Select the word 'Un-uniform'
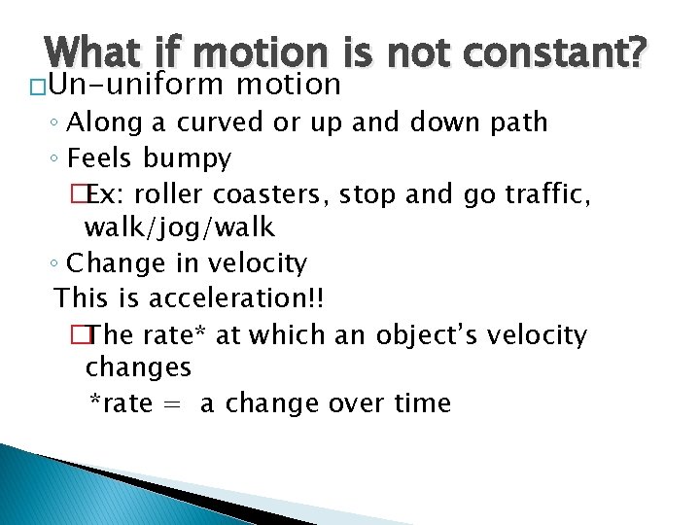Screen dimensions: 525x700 135,86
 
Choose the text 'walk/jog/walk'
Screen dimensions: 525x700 180,228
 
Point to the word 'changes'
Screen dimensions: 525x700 138,369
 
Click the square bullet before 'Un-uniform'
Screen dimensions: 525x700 35,87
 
